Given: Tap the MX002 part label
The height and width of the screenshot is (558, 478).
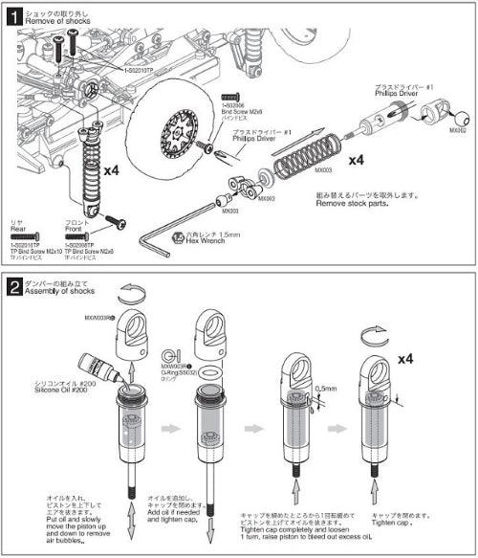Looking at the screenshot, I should point(458,129).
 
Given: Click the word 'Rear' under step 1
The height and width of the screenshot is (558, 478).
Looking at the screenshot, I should point(18,228).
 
